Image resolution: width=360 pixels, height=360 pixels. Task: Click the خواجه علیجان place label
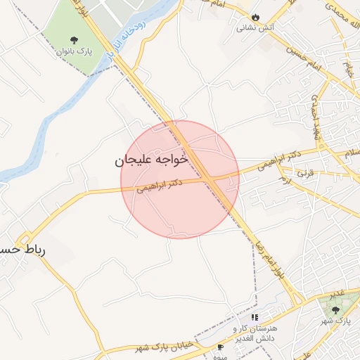tap(152, 160)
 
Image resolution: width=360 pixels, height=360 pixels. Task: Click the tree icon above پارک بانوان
tap(75, 39)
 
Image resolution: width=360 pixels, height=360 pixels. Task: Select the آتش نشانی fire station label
tap(251, 28)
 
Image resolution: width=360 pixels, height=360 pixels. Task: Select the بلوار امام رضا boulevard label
tap(270, 257)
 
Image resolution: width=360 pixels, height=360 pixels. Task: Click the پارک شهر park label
tap(335, 321)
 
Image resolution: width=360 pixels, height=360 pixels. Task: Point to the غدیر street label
tap(337, 292)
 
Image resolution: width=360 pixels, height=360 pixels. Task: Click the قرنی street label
tap(304, 172)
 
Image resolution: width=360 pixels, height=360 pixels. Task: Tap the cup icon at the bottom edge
tap(221, 347)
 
